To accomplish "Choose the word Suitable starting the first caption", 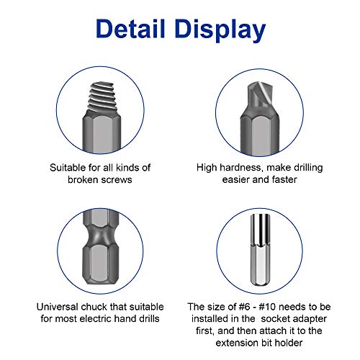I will tap(64, 167).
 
